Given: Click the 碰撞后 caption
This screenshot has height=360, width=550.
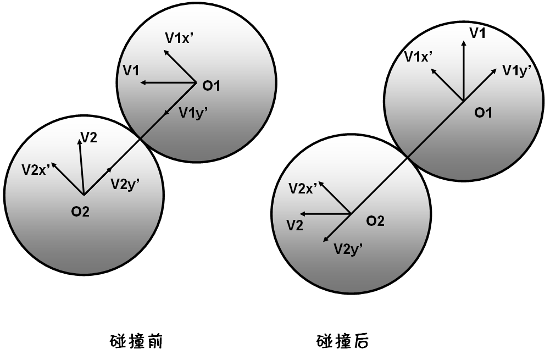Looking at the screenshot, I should coord(343,342).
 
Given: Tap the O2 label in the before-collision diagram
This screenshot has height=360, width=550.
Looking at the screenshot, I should coord(80,211).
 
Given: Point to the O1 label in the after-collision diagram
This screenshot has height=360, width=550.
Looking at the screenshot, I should coord(483,113).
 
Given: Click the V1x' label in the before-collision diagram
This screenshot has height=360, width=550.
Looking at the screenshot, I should coord(181,37).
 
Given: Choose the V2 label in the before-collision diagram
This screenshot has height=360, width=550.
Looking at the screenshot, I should coord(89,137).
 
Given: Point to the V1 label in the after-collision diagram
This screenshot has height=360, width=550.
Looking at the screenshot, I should coord(477,33).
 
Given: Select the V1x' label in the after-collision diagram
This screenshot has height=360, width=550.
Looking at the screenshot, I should coord(418,56).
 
